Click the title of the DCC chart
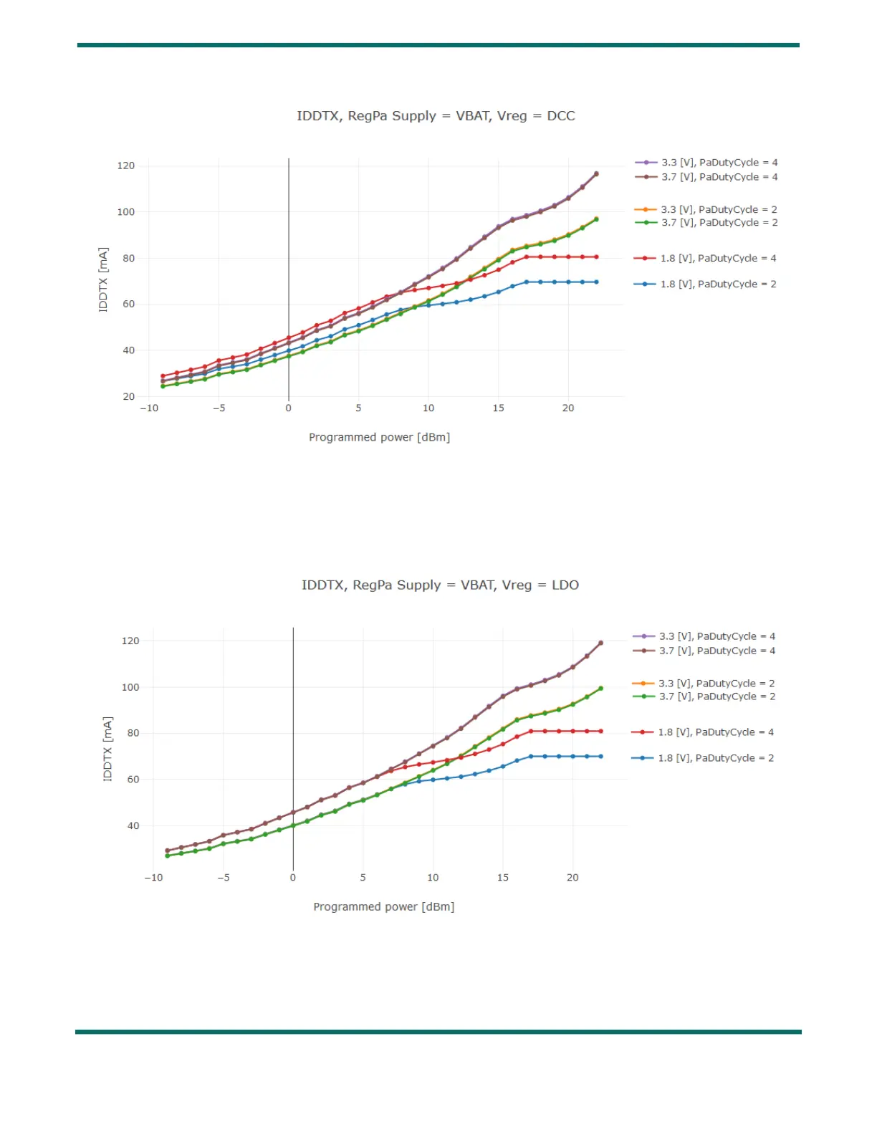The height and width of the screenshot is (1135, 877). point(436,116)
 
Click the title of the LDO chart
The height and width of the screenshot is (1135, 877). point(440,585)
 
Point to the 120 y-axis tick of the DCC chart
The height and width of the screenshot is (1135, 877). point(126,166)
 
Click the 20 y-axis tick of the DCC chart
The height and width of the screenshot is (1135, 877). point(129,396)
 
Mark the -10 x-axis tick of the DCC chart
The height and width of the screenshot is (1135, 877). point(149,408)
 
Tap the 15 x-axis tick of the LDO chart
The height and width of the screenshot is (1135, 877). point(503,878)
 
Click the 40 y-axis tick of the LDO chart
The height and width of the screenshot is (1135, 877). point(133,825)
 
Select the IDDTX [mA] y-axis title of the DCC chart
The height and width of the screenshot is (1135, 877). point(104,279)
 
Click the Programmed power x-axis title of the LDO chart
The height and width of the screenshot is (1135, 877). point(384,907)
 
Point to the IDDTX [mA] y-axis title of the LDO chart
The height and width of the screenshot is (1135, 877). point(108,749)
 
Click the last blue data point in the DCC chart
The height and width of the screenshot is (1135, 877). point(596,282)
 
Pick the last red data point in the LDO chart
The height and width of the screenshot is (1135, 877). point(600,732)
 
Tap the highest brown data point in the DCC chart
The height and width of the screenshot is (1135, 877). point(596,174)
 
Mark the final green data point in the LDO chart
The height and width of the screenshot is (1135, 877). point(600,689)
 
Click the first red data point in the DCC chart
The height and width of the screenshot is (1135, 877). point(163,376)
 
